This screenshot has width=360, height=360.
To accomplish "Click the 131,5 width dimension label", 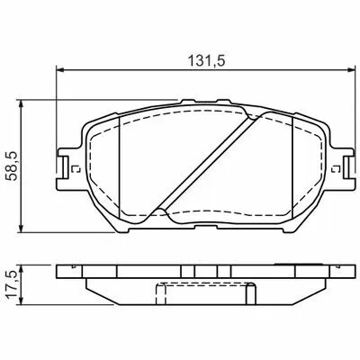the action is pyautogui.click(x=206, y=60).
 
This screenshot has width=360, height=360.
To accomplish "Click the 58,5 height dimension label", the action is pyautogui.click(x=13, y=166).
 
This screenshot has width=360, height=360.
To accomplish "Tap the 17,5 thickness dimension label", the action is pyautogui.click(x=13, y=284).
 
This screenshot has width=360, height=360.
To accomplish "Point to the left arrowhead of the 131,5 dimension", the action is pyautogui.click(x=60, y=70).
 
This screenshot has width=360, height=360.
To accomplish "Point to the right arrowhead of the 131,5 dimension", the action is pyautogui.click(x=351, y=70).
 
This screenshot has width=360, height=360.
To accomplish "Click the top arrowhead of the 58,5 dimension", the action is pyautogui.click(x=21, y=103).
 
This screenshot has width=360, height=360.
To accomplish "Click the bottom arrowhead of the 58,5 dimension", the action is pyautogui.click(x=21, y=228).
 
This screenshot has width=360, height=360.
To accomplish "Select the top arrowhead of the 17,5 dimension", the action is pyautogui.click(x=21, y=269).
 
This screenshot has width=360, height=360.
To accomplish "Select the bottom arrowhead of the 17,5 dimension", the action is pyautogui.click(x=21, y=301).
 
